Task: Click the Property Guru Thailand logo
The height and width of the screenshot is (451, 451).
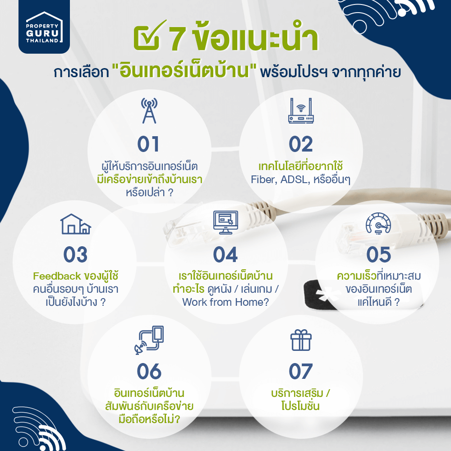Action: pyautogui.click(x=44, y=27)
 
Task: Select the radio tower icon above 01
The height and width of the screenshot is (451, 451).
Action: pyautogui.click(x=149, y=110)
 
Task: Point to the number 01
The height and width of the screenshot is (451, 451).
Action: pyautogui.click(x=148, y=144)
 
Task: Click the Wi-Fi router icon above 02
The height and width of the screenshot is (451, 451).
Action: pyautogui.click(x=301, y=111)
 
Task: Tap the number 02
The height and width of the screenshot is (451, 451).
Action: pyautogui.click(x=300, y=144)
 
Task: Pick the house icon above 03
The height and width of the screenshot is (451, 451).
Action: pyautogui.click(x=75, y=224)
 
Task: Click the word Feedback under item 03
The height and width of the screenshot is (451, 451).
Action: pyautogui.click(x=57, y=276)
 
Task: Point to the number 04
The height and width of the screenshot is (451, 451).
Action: pyautogui.click(x=225, y=254)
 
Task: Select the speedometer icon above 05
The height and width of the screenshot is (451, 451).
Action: pyautogui.click(x=378, y=223)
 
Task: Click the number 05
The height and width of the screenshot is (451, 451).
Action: pyautogui.click(x=378, y=254)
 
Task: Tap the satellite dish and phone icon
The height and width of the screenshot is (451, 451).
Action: pyautogui.click(x=149, y=340)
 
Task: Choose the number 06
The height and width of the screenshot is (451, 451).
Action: pyautogui.click(x=149, y=371)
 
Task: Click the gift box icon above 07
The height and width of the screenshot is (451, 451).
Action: pyautogui.click(x=301, y=340)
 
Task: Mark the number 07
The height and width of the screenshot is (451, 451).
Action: pyautogui.click(x=300, y=371)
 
